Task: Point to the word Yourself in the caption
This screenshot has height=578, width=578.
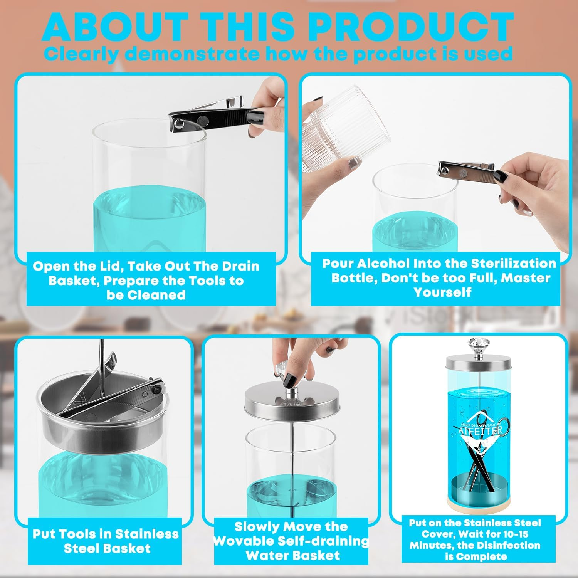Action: click(442, 292)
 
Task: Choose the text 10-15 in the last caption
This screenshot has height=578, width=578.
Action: click(514, 534)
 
